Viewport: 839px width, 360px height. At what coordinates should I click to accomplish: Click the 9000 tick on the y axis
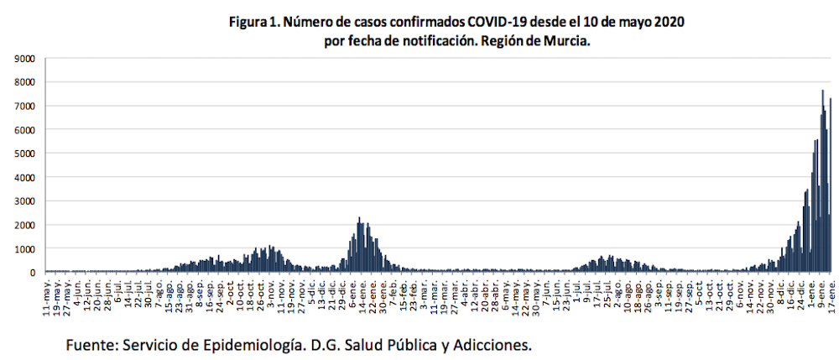pyautogui.click(x=24, y=59)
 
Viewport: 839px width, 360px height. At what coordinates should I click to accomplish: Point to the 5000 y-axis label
pyautogui.click(x=24, y=154)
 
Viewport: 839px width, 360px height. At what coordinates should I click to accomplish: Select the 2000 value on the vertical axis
pyautogui.click(x=24, y=225)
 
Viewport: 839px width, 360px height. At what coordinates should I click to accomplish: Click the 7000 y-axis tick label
pyautogui.click(x=24, y=107)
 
